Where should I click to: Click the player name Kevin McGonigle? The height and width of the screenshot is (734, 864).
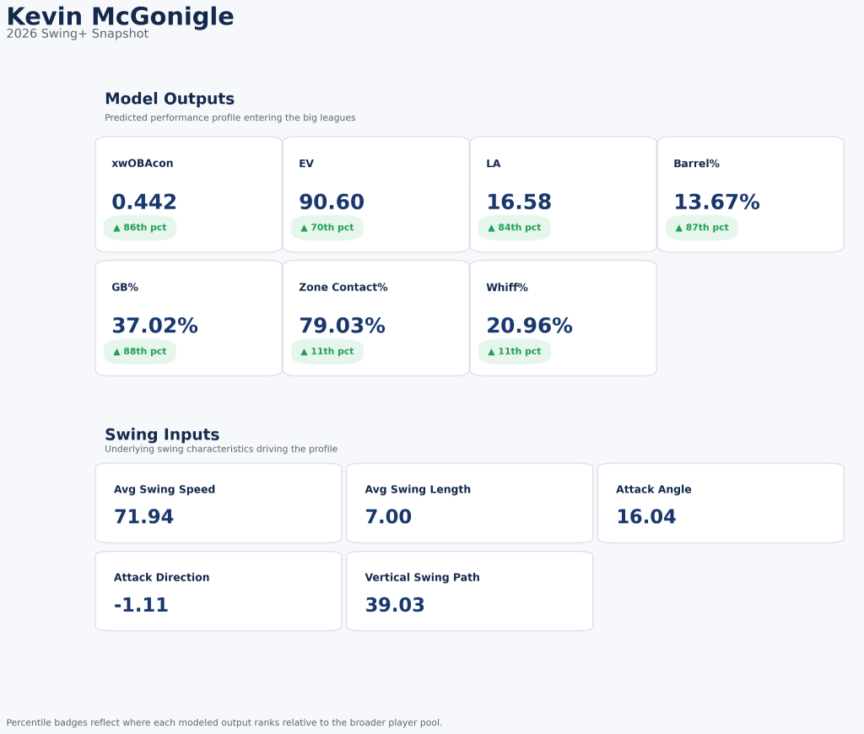click(120, 17)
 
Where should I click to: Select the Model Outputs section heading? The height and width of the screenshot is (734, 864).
click(170, 99)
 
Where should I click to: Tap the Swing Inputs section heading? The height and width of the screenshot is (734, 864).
click(162, 434)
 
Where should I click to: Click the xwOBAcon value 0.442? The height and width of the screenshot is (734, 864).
click(144, 202)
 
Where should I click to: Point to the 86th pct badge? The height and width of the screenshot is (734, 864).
click(140, 228)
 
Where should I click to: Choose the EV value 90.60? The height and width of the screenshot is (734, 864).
click(332, 202)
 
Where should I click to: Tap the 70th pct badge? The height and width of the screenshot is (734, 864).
click(327, 228)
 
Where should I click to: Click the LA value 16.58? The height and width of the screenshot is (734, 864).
click(519, 202)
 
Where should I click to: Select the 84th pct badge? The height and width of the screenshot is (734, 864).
click(515, 228)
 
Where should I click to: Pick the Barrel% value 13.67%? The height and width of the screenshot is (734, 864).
click(716, 202)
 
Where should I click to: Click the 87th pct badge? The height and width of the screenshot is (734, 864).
click(702, 228)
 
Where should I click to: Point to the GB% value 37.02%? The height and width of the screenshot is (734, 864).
click(154, 327)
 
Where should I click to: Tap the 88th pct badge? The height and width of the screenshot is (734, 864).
click(140, 351)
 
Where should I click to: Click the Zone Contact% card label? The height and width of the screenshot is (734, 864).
click(343, 288)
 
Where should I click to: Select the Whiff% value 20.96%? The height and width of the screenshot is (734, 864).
click(529, 327)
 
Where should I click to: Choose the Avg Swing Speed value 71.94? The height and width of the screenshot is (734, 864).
click(143, 517)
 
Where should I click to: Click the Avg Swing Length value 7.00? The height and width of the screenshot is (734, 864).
click(388, 517)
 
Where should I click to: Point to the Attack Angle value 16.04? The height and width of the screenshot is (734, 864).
click(646, 517)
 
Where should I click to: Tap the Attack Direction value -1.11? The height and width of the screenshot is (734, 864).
click(141, 606)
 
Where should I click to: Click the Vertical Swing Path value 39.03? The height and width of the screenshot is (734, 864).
click(395, 606)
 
